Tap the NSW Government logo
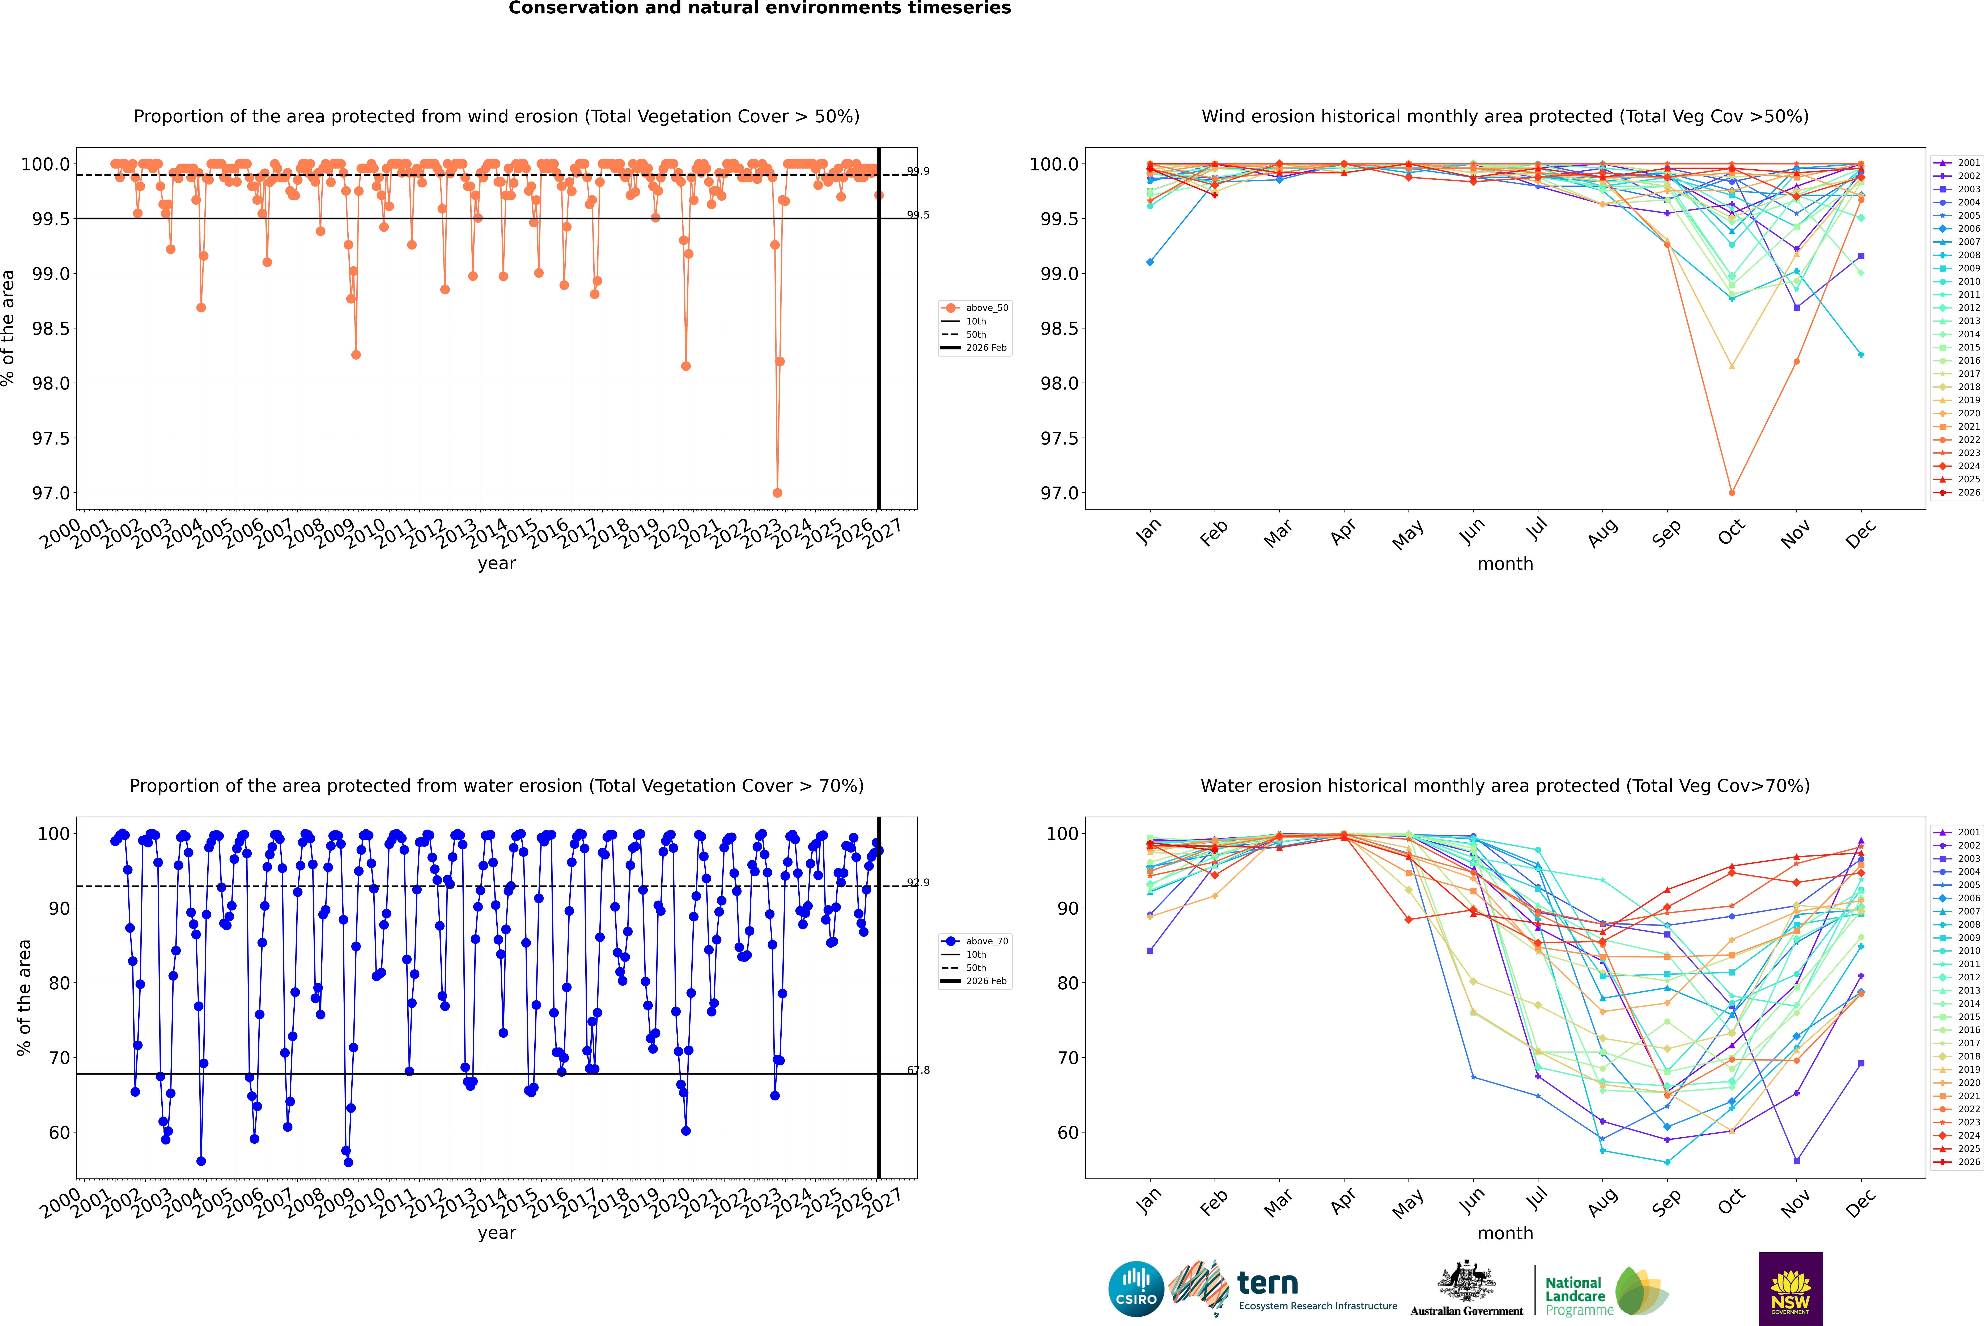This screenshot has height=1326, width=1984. coord(1790,1289)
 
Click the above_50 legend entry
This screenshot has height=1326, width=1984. coord(975,308)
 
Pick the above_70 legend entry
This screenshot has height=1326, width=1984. coord(975,941)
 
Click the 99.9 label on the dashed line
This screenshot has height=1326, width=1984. coord(918,171)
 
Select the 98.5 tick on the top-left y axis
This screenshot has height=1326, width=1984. coord(51,328)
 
